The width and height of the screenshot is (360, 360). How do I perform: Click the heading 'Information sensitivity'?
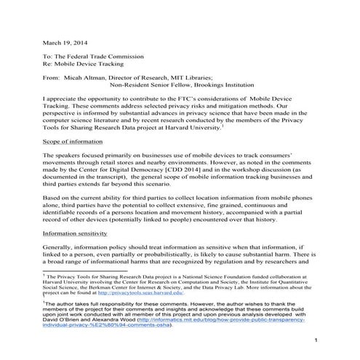76,234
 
